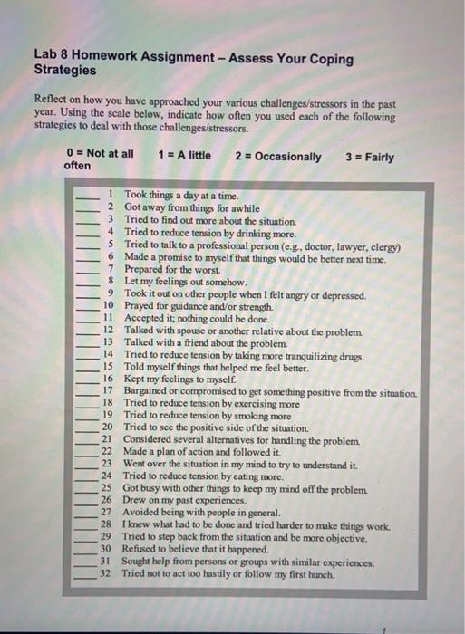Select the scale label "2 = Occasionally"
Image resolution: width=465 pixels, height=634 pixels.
(277, 156)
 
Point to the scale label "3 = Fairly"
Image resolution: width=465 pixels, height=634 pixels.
(370, 156)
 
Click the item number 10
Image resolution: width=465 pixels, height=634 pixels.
(107, 307)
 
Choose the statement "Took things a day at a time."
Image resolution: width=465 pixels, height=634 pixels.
(180, 196)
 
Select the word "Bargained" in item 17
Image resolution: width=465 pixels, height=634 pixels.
(147, 390)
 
